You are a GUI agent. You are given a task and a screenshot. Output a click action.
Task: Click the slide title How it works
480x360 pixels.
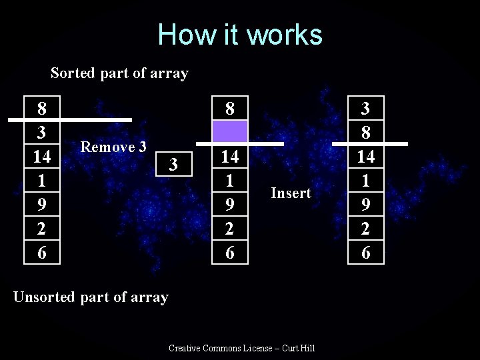tap(240, 35)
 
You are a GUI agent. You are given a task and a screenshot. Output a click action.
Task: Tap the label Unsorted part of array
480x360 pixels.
tap(91, 297)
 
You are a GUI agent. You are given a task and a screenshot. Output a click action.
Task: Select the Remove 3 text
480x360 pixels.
tap(113, 146)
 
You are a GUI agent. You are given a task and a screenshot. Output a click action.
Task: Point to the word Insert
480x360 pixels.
tap(291, 193)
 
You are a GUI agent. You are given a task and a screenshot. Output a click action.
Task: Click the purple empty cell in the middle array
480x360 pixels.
tap(230, 131)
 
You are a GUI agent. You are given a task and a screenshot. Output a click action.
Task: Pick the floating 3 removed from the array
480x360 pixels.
tap(173, 163)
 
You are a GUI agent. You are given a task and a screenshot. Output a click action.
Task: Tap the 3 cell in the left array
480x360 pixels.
tap(42, 133)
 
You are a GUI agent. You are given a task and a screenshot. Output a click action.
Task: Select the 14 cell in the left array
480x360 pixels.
tap(42, 157)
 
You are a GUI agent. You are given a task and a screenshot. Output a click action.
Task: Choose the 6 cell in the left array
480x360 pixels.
tap(42, 253)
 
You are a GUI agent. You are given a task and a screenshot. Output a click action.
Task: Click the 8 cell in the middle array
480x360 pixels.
tap(230, 108)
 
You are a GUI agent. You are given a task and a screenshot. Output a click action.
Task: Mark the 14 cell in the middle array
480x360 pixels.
tap(230, 157)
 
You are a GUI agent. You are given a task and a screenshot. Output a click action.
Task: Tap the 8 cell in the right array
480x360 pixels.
tap(366, 133)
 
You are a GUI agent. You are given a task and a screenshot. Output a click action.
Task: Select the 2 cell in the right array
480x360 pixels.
tap(366, 229)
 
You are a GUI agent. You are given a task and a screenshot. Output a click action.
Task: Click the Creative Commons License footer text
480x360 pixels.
tap(242, 348)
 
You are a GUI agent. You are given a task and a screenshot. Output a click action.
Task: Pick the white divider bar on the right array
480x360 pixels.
tap(379, 144)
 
